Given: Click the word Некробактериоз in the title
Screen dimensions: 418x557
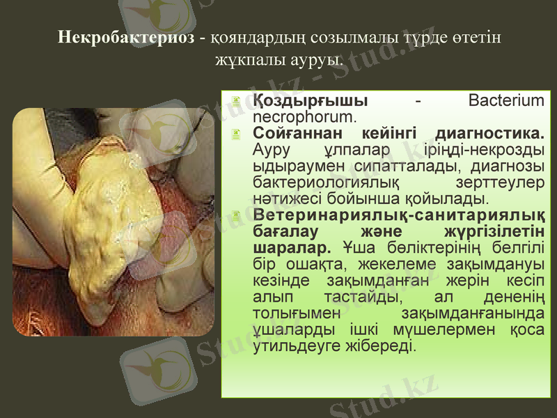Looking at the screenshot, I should coord(126,36).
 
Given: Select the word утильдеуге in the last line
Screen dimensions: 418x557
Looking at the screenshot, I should coord(299,344).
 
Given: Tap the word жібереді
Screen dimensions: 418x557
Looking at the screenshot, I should coord(382,344).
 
